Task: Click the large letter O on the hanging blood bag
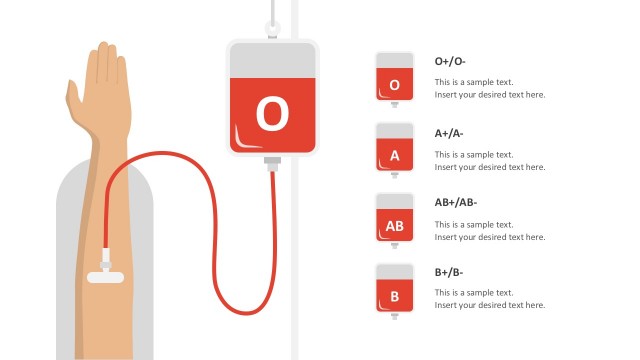271,114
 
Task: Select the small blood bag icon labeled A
394,149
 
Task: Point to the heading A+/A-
449,133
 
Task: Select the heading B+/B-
449,273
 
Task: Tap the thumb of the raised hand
73,96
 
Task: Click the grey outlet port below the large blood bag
271,161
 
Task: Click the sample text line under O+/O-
474,82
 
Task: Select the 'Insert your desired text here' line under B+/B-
490,305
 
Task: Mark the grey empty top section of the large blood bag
271,59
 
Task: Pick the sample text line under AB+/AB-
474,224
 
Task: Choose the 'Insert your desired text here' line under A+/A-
490,166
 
